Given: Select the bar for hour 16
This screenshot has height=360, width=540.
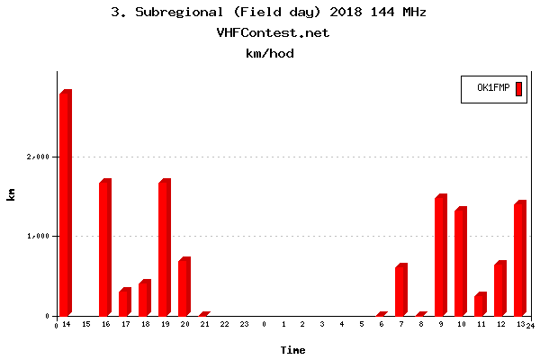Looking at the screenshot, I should [x=104, y=248].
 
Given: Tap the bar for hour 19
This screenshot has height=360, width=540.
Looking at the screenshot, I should [x=164, y=248].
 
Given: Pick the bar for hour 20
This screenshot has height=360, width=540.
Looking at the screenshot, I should [x=184, y=287].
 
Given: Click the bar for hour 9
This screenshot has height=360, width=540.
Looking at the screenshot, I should [x=440, y=256].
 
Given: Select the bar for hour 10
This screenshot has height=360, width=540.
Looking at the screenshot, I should [x=460, y=262].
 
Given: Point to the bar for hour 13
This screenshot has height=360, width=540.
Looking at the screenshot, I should [x=519, y=259].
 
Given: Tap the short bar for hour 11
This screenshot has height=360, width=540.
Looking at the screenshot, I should [x=480, y=304].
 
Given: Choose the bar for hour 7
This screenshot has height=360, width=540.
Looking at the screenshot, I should [x=400, y=290].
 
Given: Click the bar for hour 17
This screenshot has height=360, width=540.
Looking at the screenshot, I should [x=124, y=302].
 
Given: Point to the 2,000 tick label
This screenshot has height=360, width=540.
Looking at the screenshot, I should [x=37, y=157].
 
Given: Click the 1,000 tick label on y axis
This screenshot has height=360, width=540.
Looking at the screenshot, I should [x=37, y=237].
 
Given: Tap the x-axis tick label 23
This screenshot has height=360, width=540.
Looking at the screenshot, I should [x=244, y=324].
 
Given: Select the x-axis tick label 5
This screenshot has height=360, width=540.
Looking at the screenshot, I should [x=362, y=324].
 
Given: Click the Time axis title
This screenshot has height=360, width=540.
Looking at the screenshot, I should [x=292, y=349].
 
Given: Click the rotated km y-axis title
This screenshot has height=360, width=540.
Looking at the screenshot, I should [x=11, y=194].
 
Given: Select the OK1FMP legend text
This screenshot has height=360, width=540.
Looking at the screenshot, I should [x=493, y=88].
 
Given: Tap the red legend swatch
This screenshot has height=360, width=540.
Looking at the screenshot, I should [x=518, y=88].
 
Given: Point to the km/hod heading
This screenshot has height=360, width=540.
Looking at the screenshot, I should [x=270, y=53].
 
